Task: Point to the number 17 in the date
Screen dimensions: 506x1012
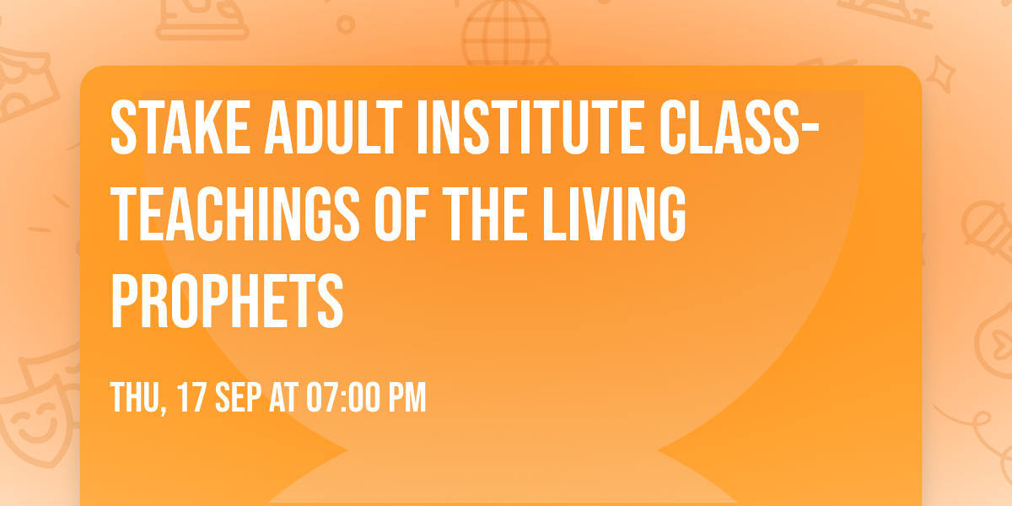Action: coord(190,397)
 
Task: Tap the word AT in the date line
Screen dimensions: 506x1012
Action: coord(290,397)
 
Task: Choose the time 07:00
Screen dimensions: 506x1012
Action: coord(349,397)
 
